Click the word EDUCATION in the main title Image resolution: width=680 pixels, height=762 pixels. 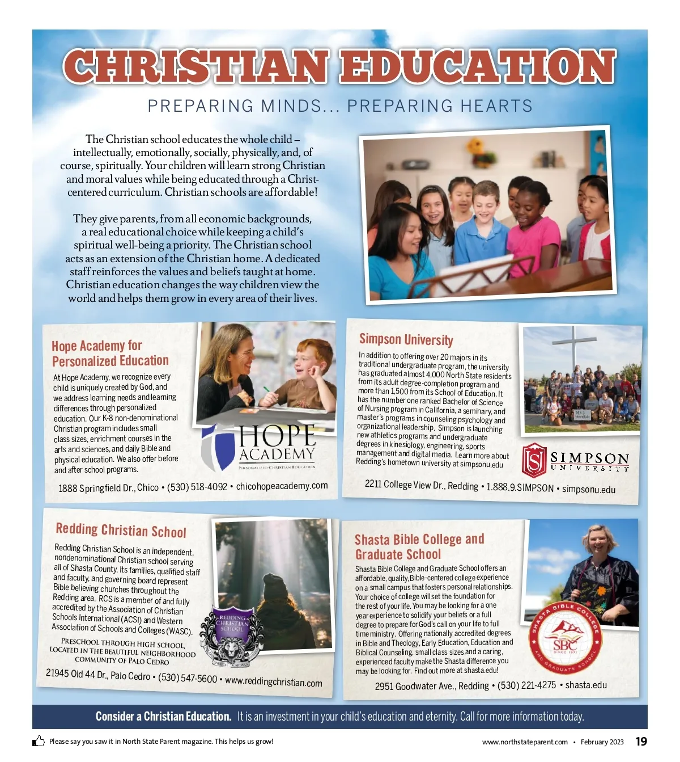(477, 67)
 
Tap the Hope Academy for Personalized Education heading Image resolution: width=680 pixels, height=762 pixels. (110, 353)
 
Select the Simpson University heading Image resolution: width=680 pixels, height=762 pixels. (406, 339)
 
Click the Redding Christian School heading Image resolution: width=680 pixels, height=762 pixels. (121, 530)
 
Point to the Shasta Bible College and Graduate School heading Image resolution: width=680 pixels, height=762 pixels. (419, 546)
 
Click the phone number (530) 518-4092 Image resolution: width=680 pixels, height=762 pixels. (197, 487)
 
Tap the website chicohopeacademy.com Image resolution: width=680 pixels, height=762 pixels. (282, 486)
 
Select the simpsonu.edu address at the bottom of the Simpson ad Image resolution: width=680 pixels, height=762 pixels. (588, 489)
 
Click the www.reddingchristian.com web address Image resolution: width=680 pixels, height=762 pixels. (273, 681)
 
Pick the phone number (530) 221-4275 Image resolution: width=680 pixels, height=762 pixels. (526, 685)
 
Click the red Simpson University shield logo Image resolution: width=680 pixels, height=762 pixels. (534, 460)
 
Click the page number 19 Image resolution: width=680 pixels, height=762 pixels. (641, 742)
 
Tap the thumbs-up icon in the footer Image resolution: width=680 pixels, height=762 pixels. (39, 741)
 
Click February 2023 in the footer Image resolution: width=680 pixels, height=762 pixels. (602, 742)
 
